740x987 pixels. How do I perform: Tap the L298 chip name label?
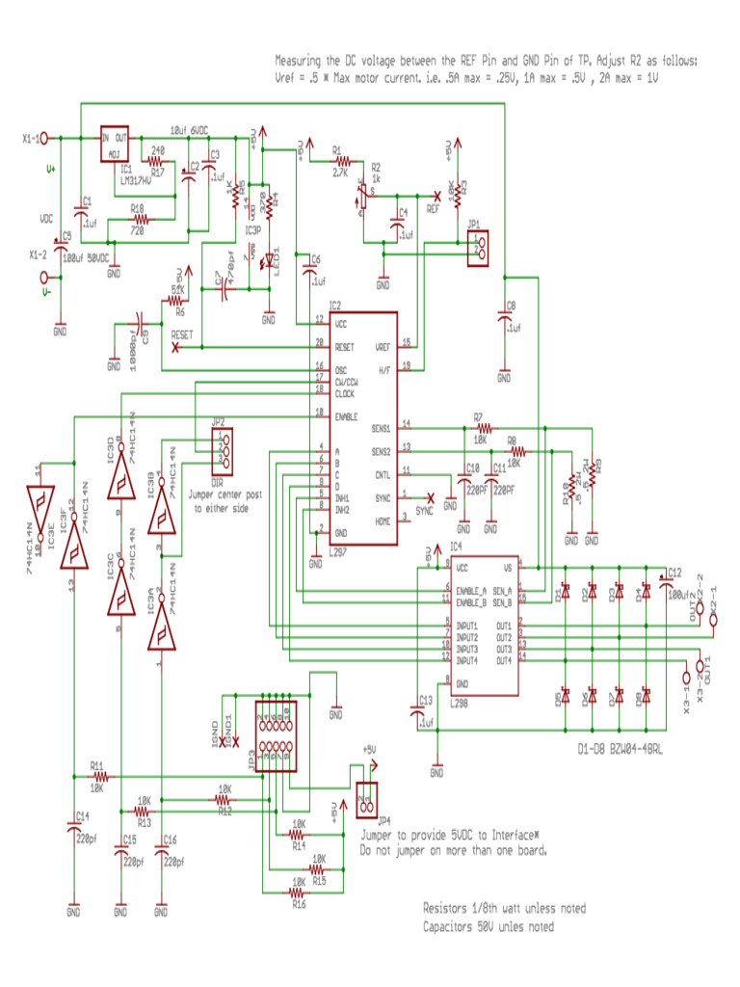click(459, 703)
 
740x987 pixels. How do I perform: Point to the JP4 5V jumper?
click(366, 799)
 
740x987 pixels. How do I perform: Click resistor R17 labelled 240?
click(156, 160)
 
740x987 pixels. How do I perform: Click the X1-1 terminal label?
click(33, 139)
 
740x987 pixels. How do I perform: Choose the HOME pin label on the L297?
click(383, 520)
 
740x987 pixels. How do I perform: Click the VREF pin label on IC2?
click(383, 345)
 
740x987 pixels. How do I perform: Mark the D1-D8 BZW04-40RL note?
click(620, 750)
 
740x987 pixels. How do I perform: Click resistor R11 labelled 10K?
click(98, 776)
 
